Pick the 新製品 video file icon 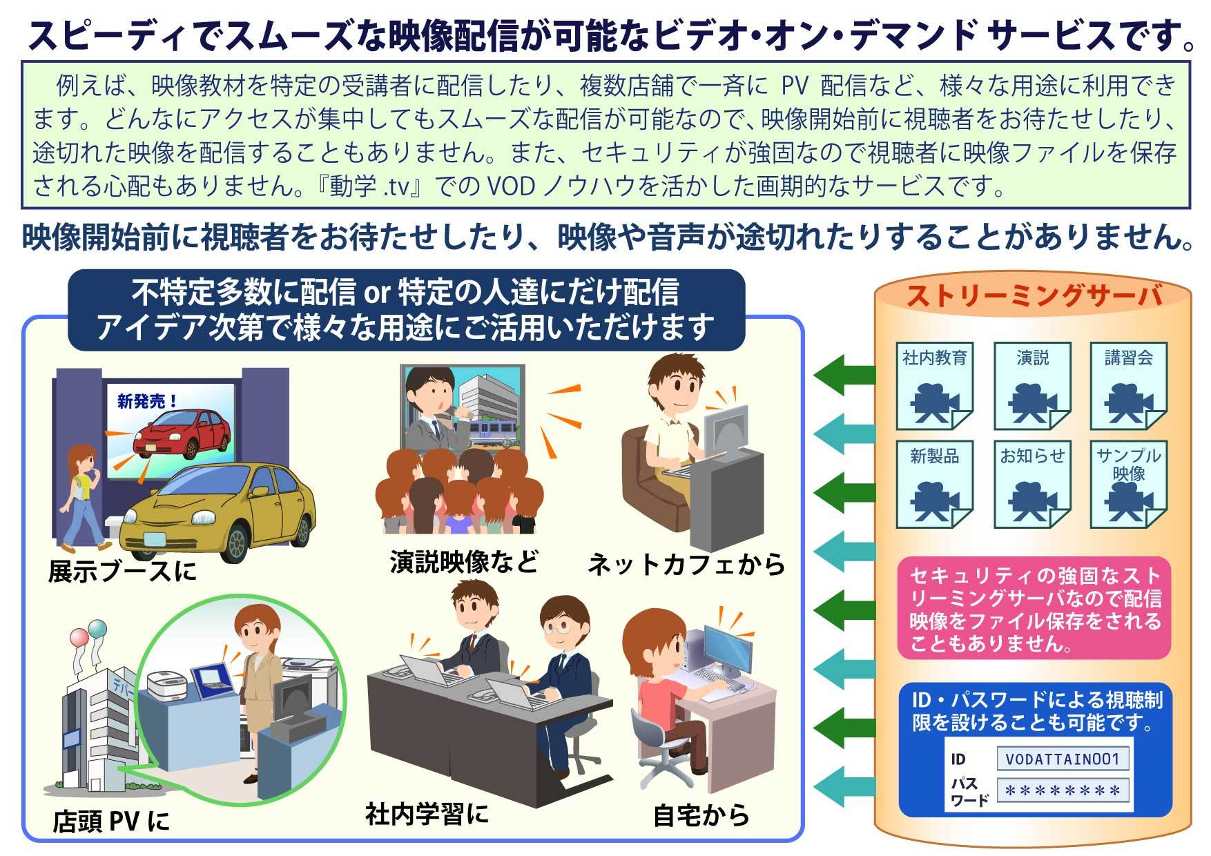[935, 485]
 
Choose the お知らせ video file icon [1032, 485]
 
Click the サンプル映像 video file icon [1129, 485]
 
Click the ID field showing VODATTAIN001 [1063, 759]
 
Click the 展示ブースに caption [122, 571]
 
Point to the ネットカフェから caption [686, 564]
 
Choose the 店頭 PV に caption [110, 821]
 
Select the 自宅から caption [701, 816]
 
